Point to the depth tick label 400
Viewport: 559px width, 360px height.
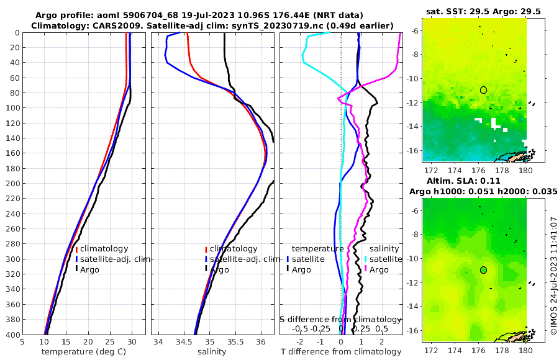coord(12,335)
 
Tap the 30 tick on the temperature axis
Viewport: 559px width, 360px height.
coord(132,341)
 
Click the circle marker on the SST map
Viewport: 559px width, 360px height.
coord(484,90)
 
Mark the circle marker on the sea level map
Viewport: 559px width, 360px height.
coord(484,270)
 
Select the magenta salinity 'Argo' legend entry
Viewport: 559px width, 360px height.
coord(378,269)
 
